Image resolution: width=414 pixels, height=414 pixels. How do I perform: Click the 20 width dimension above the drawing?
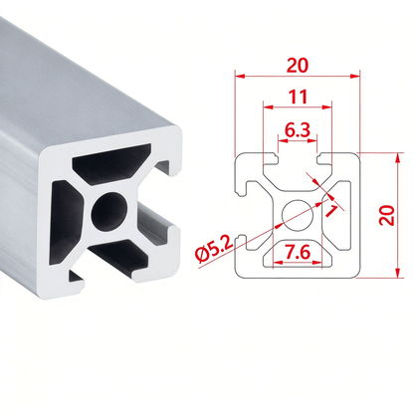click(x=298, y=66)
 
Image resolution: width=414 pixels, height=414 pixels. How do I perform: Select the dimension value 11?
click(x=298, y=97)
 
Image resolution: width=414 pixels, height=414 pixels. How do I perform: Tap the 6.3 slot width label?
click(x=298, y=130)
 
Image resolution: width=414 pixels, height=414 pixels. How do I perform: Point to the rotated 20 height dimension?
click(x=387, y=216)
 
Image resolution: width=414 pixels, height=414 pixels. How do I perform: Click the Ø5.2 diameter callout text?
click(x=213, y=250)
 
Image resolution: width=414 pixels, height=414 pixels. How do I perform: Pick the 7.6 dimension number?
click(x=298, y=253)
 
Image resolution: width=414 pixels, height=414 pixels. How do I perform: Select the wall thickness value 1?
click(x=331, y=210)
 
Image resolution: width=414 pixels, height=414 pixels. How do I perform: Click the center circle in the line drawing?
click(x=298, y=215)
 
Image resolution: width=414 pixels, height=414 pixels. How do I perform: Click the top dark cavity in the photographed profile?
click(x=111, y=163)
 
